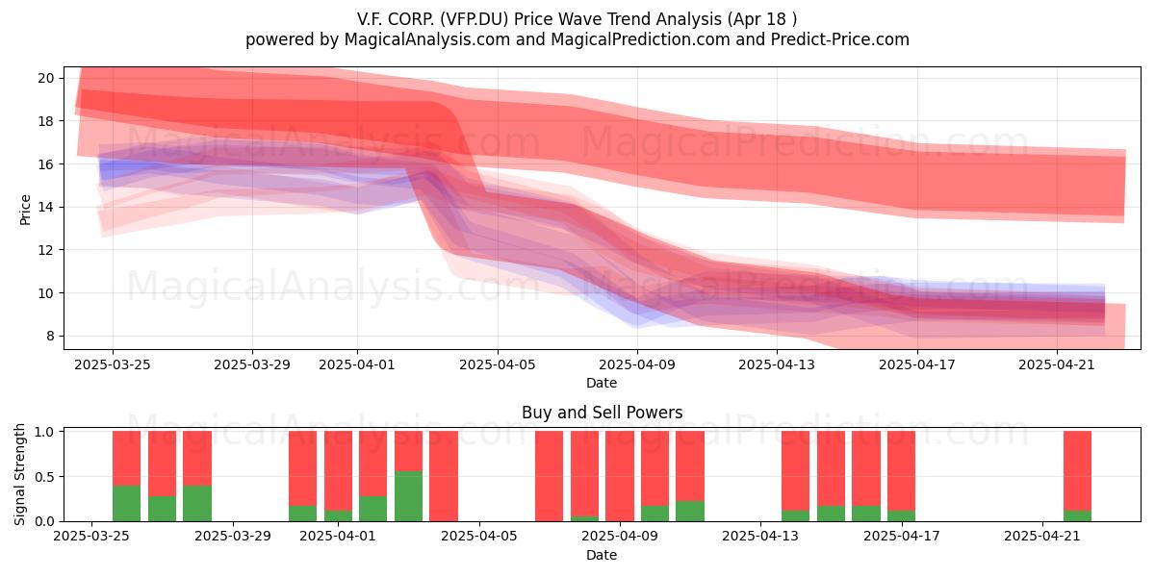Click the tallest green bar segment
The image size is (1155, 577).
(x=408, y=496)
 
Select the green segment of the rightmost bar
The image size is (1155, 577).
(x=1077, y=515)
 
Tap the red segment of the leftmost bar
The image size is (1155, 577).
(x=126, y=459)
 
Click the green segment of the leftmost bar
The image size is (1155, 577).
(x=126, y=503)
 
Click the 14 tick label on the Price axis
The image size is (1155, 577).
(x=46, y=207)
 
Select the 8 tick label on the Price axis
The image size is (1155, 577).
(x=50, y=336)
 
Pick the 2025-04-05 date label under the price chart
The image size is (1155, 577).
(x=498, y=364)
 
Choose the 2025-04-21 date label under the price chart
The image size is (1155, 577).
(x=1057, y=364)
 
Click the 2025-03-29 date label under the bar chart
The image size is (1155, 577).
(x=233, y=536)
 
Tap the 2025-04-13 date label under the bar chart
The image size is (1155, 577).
(x=760, y=536)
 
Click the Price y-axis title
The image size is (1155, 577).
(x=25, y=211)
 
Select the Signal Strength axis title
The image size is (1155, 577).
(x=19, y=474)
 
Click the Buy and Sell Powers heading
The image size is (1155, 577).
(x=603, y=413)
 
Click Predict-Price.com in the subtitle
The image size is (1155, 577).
(x=840, y=39)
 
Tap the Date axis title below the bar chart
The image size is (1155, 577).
(x=602, y=555)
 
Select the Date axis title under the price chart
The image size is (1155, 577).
(x=602, y=383)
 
